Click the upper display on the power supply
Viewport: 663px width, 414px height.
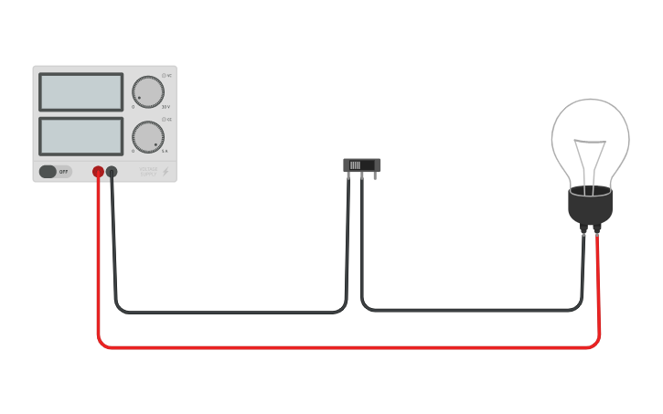80,91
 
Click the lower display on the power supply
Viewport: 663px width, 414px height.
80,135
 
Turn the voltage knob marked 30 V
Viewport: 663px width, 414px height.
147,92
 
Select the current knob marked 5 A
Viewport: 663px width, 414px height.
147,137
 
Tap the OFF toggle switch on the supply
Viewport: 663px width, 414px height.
55,171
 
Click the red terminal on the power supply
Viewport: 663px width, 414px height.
98,171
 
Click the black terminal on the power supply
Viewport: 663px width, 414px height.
112,171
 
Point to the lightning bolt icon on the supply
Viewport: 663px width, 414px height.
166,171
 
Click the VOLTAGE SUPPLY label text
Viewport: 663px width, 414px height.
148,171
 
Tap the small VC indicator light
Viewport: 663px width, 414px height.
165,75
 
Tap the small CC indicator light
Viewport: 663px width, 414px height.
165,119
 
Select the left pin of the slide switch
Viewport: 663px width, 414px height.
348,175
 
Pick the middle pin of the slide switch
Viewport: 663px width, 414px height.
362,175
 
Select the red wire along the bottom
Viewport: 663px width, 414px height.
348,347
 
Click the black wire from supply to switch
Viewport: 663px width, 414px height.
229,312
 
